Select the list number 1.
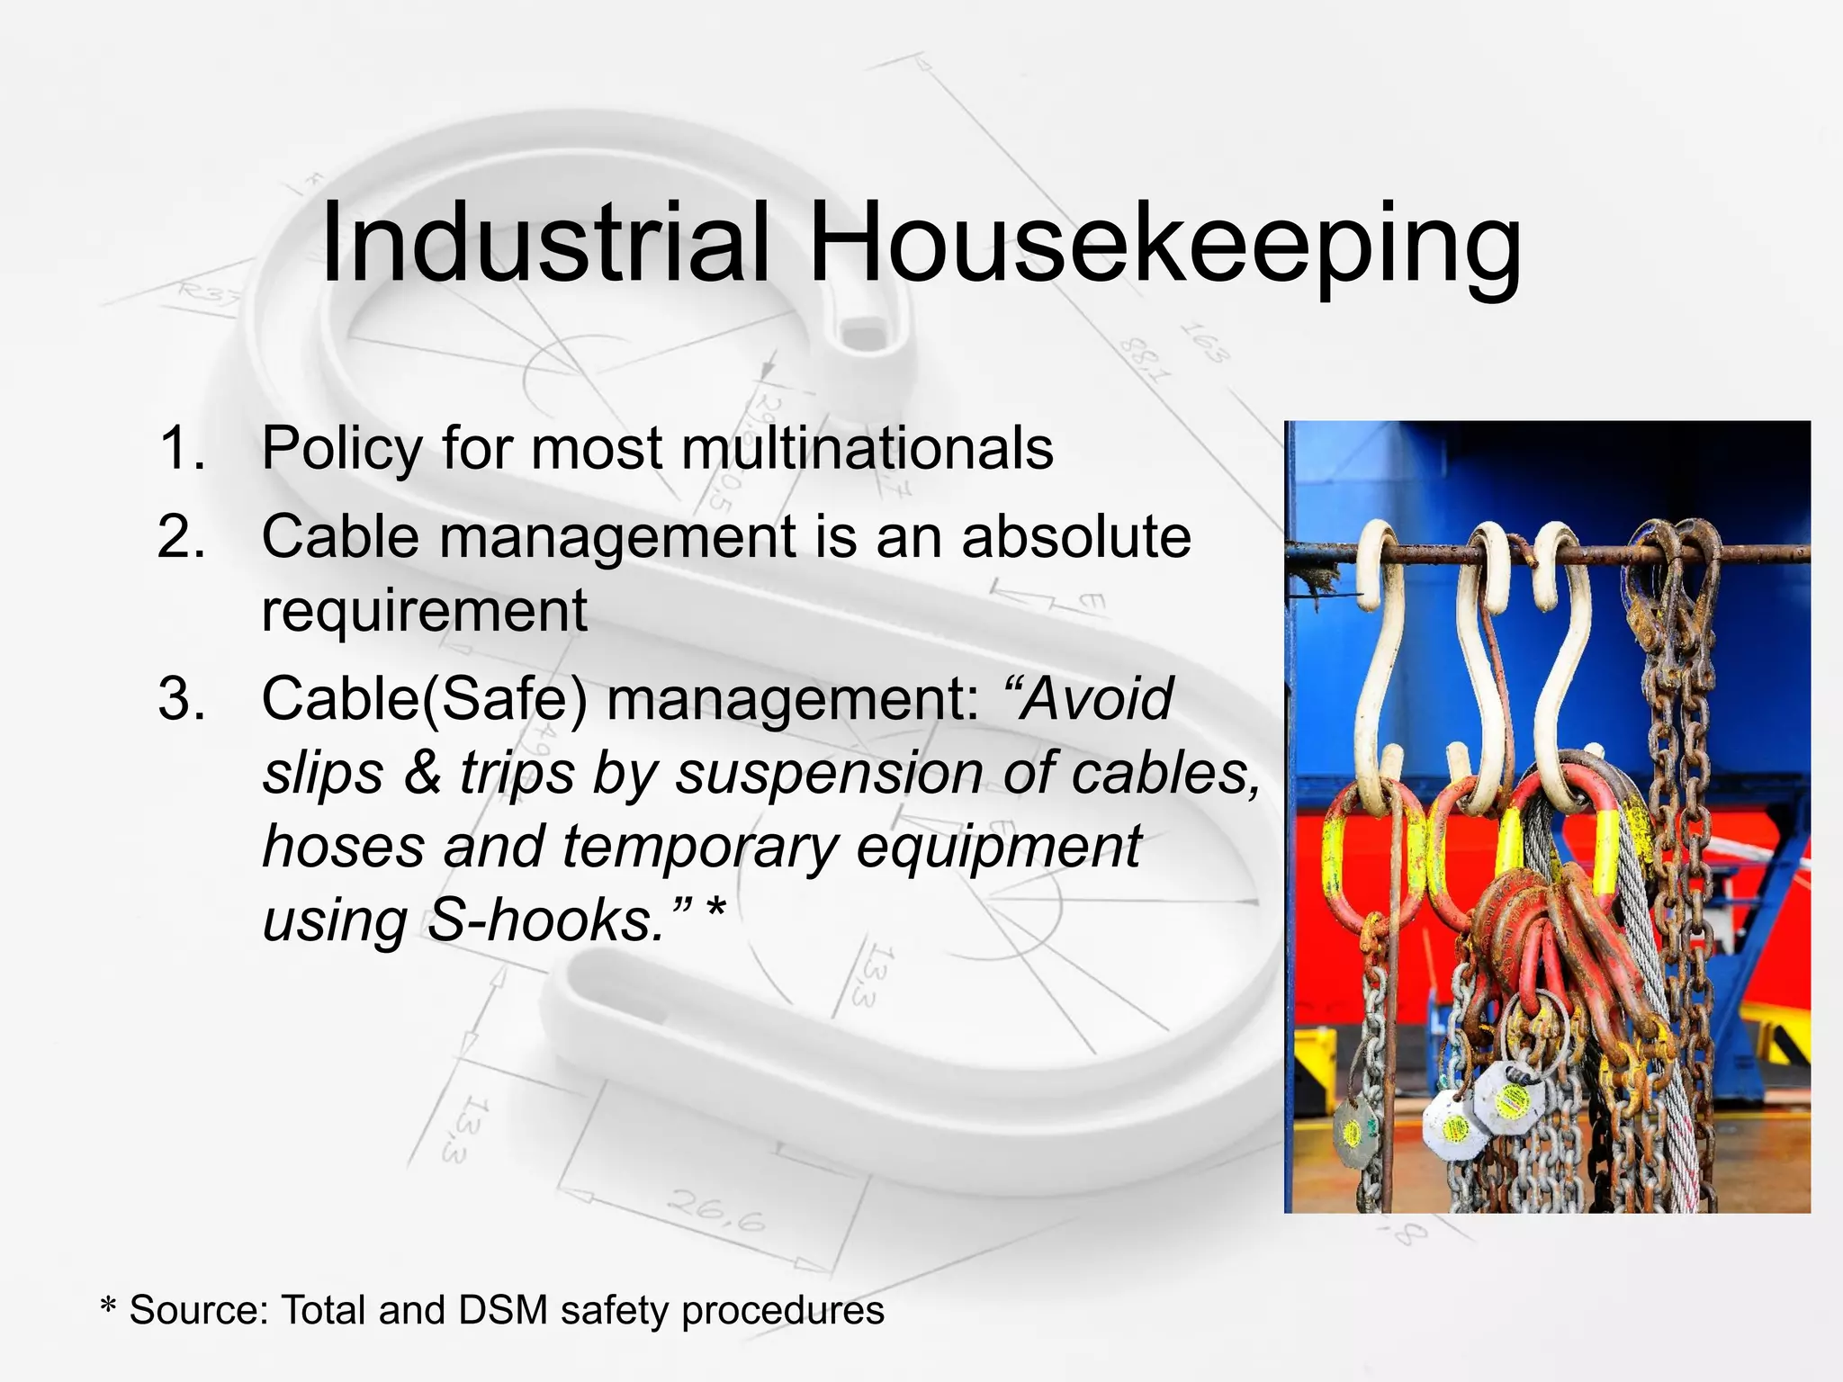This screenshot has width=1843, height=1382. (x=183, y=448)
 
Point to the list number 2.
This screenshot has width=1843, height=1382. (x=183, y=537)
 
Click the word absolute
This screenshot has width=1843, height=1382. (x=1076, y=537)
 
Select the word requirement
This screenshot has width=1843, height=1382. (x=425, y=611)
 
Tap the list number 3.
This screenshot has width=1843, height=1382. (x=183, y=698)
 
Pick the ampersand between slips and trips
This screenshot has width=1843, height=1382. (x=422, y=773)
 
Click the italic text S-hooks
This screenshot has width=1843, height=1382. (x=545, y=920)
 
